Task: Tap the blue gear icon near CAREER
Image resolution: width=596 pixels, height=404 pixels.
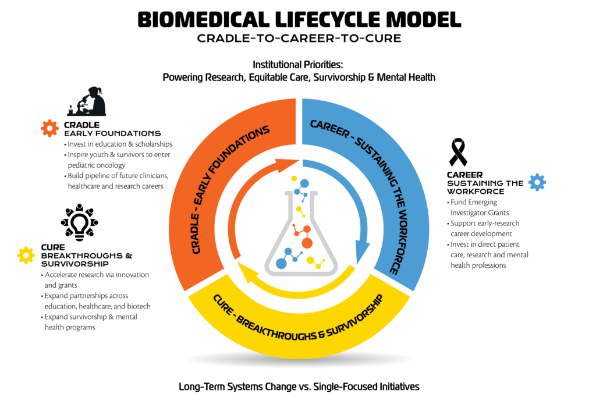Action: [x=537, y=182]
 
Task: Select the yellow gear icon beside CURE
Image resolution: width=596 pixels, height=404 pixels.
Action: [x=26, y=254]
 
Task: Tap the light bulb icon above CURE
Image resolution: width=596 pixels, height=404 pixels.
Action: [x=80, y=222]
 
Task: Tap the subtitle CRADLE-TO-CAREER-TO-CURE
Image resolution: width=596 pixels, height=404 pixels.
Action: [x=299, y=39]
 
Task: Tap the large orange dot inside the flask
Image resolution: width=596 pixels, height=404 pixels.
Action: [x=307, y=243]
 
